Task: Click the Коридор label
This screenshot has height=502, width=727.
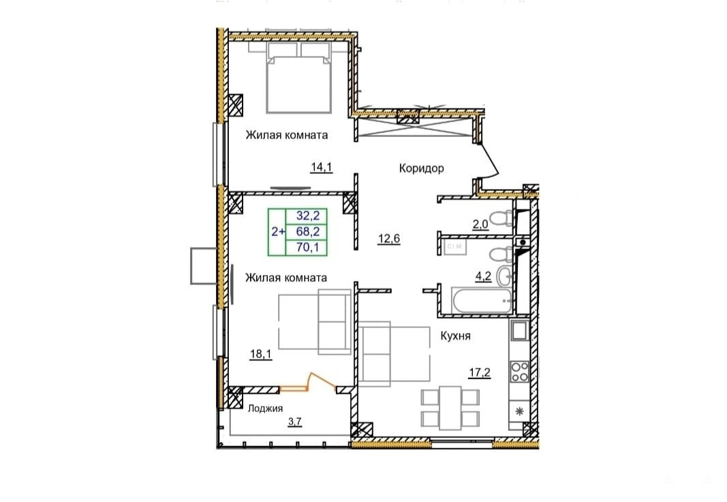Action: pos(421,168)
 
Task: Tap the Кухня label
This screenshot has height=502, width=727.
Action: pos(455,336)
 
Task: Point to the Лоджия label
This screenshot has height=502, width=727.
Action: pos(265,409)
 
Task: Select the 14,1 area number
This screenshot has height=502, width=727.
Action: pos(322,167)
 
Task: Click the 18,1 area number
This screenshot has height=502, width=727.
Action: pos(260,355)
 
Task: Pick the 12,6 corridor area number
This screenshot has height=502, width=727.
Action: pos(388,239)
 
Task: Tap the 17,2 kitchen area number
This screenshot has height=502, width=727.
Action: pos(479,372)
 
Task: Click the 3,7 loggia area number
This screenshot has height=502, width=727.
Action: pos(295,422)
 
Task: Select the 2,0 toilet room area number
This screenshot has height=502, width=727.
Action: pos(480,224)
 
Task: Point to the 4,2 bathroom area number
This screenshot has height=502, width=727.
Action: pos(483,276)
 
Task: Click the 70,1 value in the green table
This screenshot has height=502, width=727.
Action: pos(308,248)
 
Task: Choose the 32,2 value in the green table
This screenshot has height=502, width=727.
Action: pos(308,216)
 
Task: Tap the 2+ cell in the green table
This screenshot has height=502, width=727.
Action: pos(278,231)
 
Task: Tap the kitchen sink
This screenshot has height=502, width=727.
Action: pos(519,330)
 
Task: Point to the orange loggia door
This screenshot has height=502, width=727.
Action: pos(308,383)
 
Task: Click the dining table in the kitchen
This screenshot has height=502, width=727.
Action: pos(450,408)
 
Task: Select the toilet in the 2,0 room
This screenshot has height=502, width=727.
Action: pos(501,218)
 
